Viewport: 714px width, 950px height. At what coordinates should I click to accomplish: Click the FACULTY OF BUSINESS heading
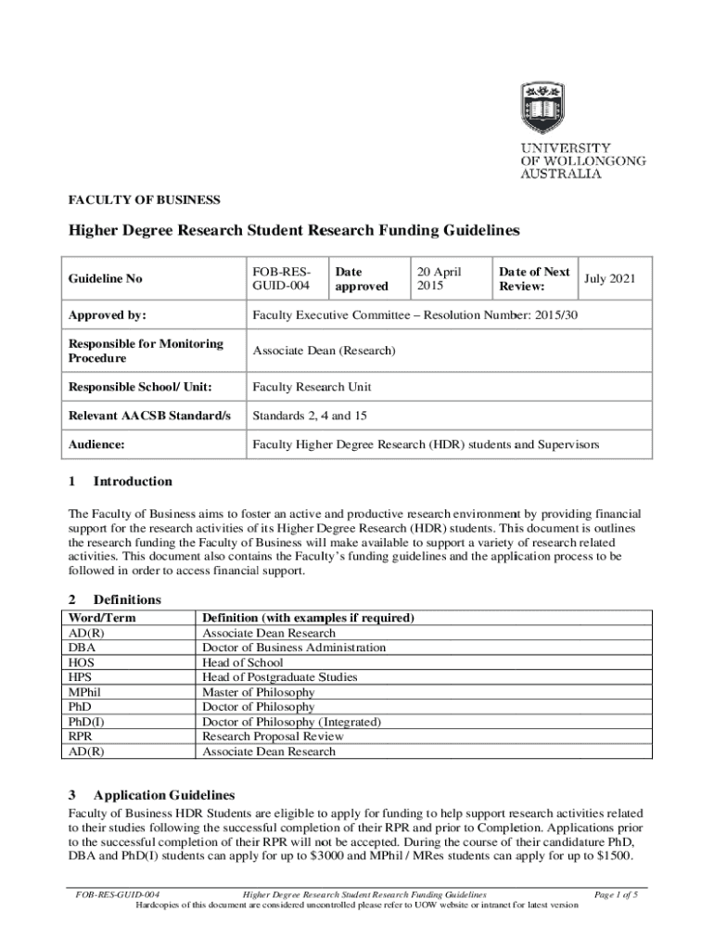[145, 199]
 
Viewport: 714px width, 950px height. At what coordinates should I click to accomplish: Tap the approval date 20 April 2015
[439, 279]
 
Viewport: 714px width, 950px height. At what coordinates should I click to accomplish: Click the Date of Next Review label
[533, 279]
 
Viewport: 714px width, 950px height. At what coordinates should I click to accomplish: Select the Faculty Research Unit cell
[312, 386]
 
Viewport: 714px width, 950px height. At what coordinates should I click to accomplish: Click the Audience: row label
[96, 445]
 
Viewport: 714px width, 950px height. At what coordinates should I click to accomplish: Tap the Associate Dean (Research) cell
[325, 351]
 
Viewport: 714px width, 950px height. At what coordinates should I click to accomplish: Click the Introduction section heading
[132, 481]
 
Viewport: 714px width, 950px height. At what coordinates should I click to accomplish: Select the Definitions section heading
[127, 600]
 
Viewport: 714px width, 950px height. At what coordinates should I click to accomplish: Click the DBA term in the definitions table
[82, 648]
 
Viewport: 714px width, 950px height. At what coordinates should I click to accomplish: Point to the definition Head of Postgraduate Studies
[279, 677]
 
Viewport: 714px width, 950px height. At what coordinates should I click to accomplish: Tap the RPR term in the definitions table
[82, 737]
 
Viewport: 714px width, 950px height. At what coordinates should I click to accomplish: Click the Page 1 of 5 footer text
[615, 894]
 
